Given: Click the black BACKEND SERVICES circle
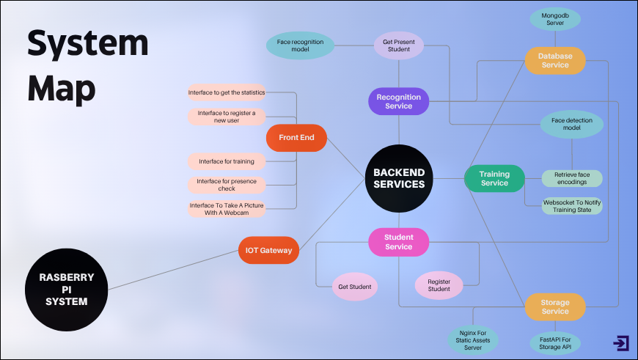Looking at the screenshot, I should pyautogui.click(x=399, y=178).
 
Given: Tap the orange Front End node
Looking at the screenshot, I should pyautogui.click(x=296, y=137).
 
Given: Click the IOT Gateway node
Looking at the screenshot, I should pyautogui.click(x=269, y=250).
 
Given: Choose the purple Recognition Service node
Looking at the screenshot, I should pyautogui.click(x=398, y=101).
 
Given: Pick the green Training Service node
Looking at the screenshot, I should pyautogui.click(x=494, y=179).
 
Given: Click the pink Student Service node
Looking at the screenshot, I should pyautogui.click(x=398, y=242).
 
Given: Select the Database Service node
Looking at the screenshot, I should pyautogui.click(x=555, y=60).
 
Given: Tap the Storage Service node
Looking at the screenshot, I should pyautogui.click(x=555, y=306).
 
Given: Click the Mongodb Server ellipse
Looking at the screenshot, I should pyautogui.click(x=555, y=19).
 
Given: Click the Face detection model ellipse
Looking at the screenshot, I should pyautogui.click(x=572, y=123).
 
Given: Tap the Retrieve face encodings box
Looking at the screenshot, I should pyautogui.click(x=572, y=179).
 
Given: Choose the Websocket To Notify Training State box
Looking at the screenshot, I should pyautogui.click(x=572, y=206).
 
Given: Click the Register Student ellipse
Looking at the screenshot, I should pyautogui.click(x=439, y=284).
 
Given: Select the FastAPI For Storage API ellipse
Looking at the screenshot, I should pyautogui.click(x=555, y=342).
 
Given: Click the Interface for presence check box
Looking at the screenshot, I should pyautogui.click(x=226, y=185).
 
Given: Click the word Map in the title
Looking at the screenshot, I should pyautogui.click(x=62, y=89).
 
